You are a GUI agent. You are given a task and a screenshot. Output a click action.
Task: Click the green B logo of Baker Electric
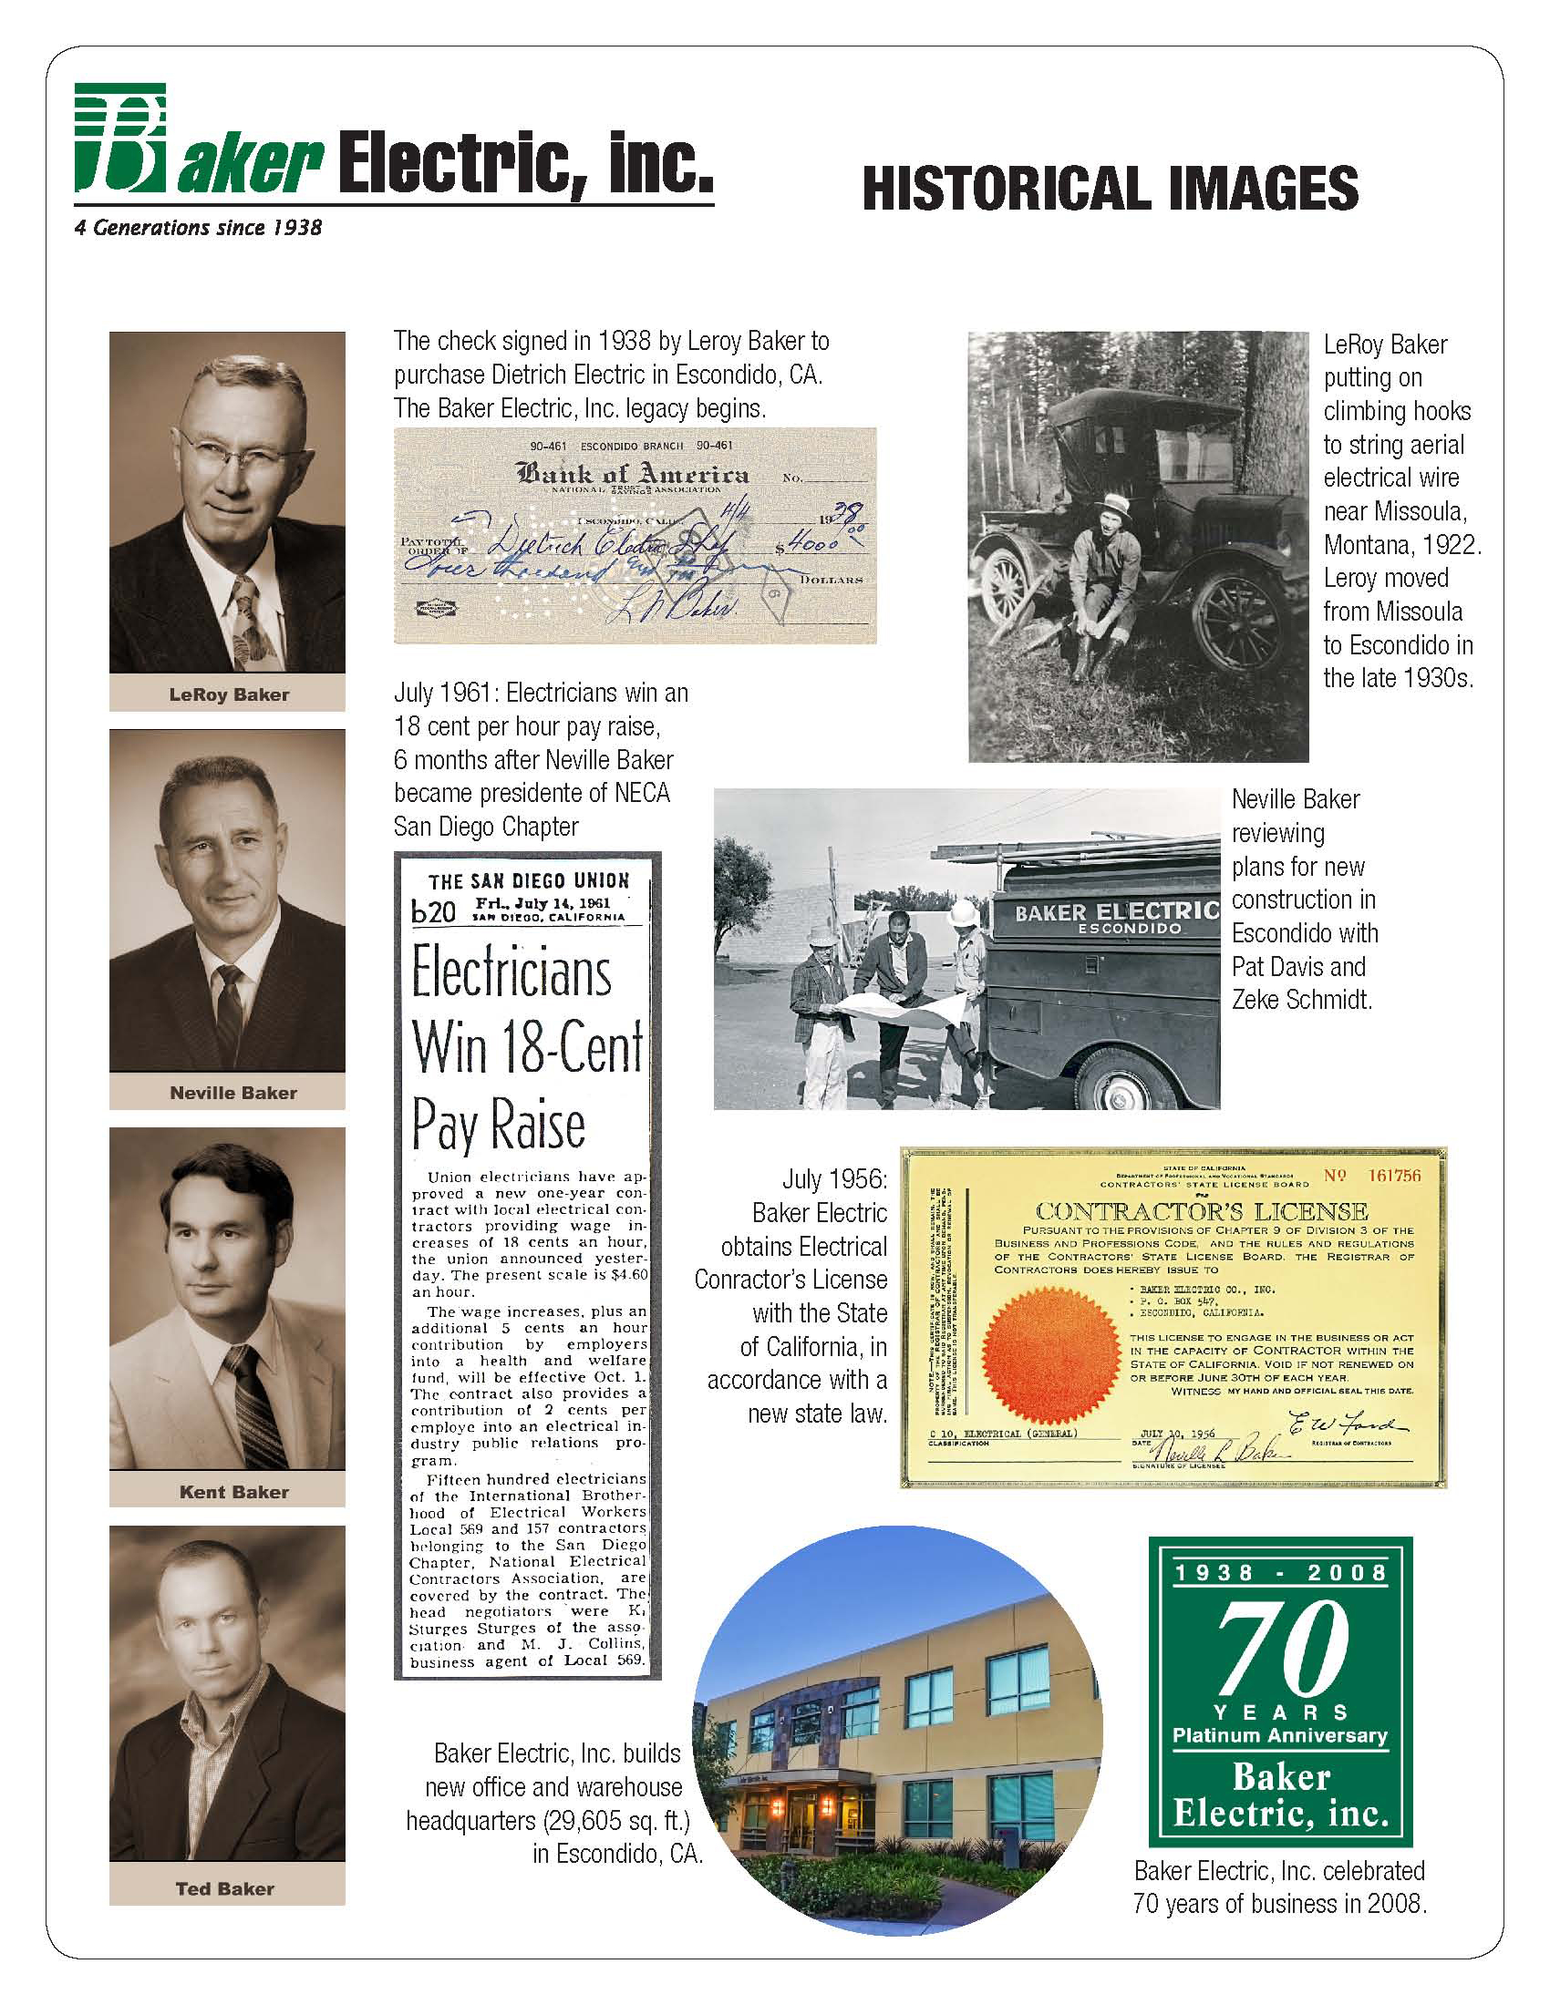(121, 138)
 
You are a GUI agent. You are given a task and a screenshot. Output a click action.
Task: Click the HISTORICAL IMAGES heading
(1110, 190)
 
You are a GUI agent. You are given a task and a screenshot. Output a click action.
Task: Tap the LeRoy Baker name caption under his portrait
(228, 695)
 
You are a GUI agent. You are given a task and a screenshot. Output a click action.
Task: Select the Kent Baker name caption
(233, 1492)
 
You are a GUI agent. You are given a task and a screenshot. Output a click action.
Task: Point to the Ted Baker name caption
(225, 1888)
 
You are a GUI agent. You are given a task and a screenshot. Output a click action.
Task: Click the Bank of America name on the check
(632, 475)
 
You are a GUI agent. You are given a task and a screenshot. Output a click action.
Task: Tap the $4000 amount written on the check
(811, 544)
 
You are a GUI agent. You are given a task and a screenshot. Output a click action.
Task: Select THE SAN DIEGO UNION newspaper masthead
(528, 881)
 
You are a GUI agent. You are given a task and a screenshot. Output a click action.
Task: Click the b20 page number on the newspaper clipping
(433, 911)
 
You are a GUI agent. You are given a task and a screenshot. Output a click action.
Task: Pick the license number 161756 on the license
(1393, 1175)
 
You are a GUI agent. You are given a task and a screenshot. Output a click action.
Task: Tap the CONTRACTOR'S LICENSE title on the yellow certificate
(1201, 1211)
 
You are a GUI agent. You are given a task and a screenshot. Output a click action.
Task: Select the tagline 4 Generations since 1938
(198, 228)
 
